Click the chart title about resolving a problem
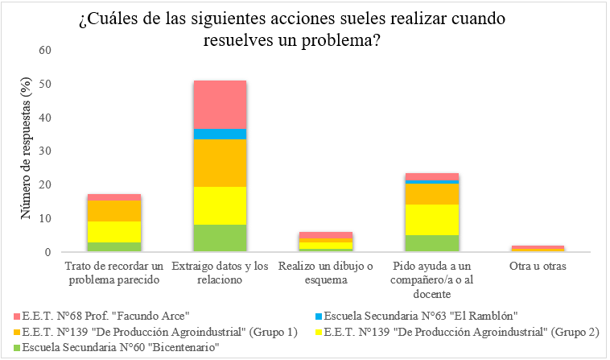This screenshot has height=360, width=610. (x=304, y=28)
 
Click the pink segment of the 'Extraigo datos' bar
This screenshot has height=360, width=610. (x=220, y=104)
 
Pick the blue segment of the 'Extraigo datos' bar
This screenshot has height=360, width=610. (x=220, y=134)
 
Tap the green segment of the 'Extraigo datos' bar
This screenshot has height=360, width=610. (x=220, y=238)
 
